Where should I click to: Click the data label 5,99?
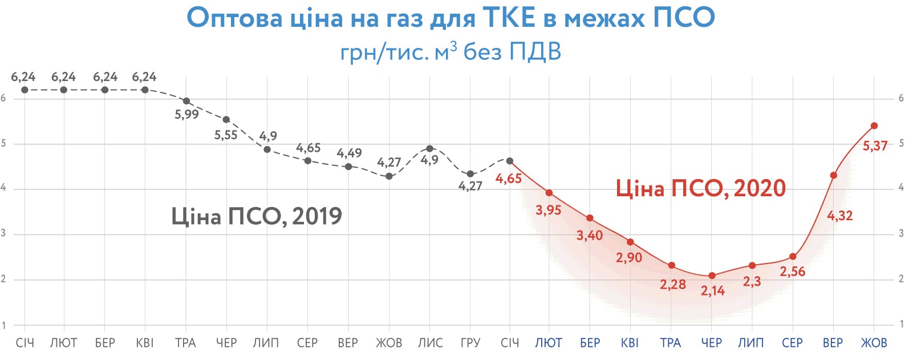tap(186, 114)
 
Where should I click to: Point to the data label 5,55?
tap(226, 135)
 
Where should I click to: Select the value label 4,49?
tap(349, 153)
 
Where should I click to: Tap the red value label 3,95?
tap(548, 210)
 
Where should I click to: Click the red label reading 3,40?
tap(589, 235)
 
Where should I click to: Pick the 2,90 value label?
tap(628, 257)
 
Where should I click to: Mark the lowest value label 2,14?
tap(713, 291)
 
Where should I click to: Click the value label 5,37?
tap(875, 146)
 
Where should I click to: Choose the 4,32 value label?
tap(839, 216)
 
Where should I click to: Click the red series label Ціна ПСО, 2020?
tap(700, 188)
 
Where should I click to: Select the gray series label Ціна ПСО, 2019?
tap(257, 216)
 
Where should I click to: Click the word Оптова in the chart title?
tap(234, 18)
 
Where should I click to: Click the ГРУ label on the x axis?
tap(470, 343)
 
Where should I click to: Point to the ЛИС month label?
tap(430, 343)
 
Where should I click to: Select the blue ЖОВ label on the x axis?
tap(874, 343)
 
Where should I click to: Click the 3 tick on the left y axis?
tap(3, 233)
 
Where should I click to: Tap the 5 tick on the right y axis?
tap(901, 143)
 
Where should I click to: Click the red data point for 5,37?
tap(874, 126)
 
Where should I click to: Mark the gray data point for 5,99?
tap(186, 101)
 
